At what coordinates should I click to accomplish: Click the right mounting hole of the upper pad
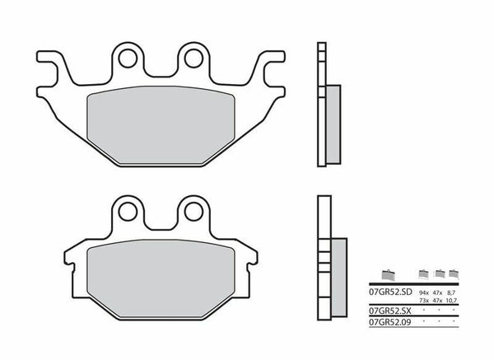tap(193, 58)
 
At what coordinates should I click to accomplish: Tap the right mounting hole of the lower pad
tap(193, 211)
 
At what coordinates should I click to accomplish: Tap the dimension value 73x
tap(424, 300)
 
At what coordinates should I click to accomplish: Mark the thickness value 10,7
tap(454, 300)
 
